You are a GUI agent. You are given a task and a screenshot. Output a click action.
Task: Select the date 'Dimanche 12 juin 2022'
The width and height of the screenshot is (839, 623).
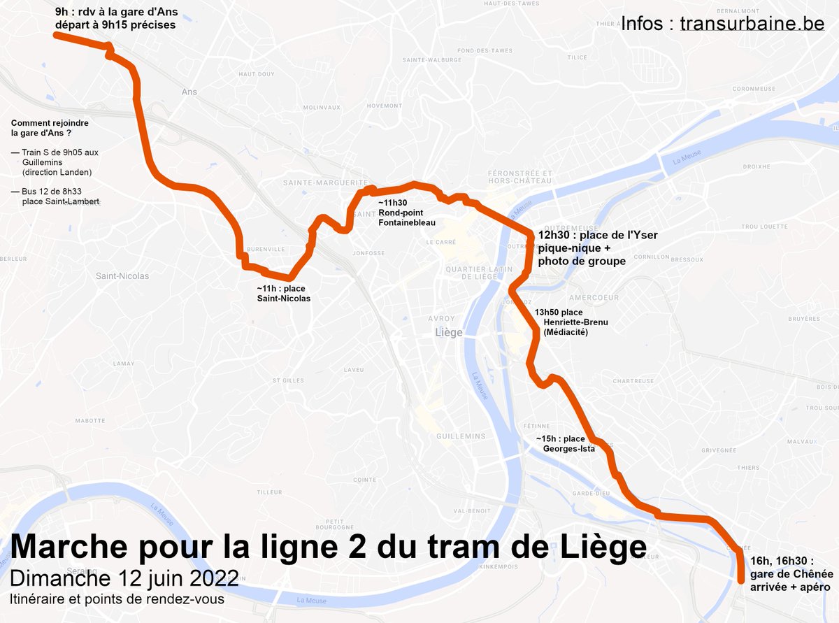point(124,579)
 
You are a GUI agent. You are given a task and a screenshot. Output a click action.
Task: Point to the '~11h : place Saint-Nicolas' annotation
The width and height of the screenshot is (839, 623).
point(283,293)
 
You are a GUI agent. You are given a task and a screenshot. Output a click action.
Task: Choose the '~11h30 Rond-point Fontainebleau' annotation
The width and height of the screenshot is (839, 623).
point(406,212)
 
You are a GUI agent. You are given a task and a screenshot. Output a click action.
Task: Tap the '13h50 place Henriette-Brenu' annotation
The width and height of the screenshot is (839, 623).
point(571,322)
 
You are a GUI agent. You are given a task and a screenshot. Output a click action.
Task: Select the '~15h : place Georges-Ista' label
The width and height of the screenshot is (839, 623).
point(566,443)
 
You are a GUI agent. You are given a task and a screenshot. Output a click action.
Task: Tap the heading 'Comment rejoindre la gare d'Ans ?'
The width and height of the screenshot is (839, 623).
point(49,128)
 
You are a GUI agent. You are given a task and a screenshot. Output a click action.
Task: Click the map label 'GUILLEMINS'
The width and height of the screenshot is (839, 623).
point(460,436)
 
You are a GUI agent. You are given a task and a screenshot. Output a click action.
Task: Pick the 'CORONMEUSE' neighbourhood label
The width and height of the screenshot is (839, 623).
point(755,89)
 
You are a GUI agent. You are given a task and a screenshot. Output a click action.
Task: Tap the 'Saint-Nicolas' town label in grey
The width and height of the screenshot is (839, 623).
point(122,275)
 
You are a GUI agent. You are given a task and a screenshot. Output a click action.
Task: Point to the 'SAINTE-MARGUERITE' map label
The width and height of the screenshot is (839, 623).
point(315,182)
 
